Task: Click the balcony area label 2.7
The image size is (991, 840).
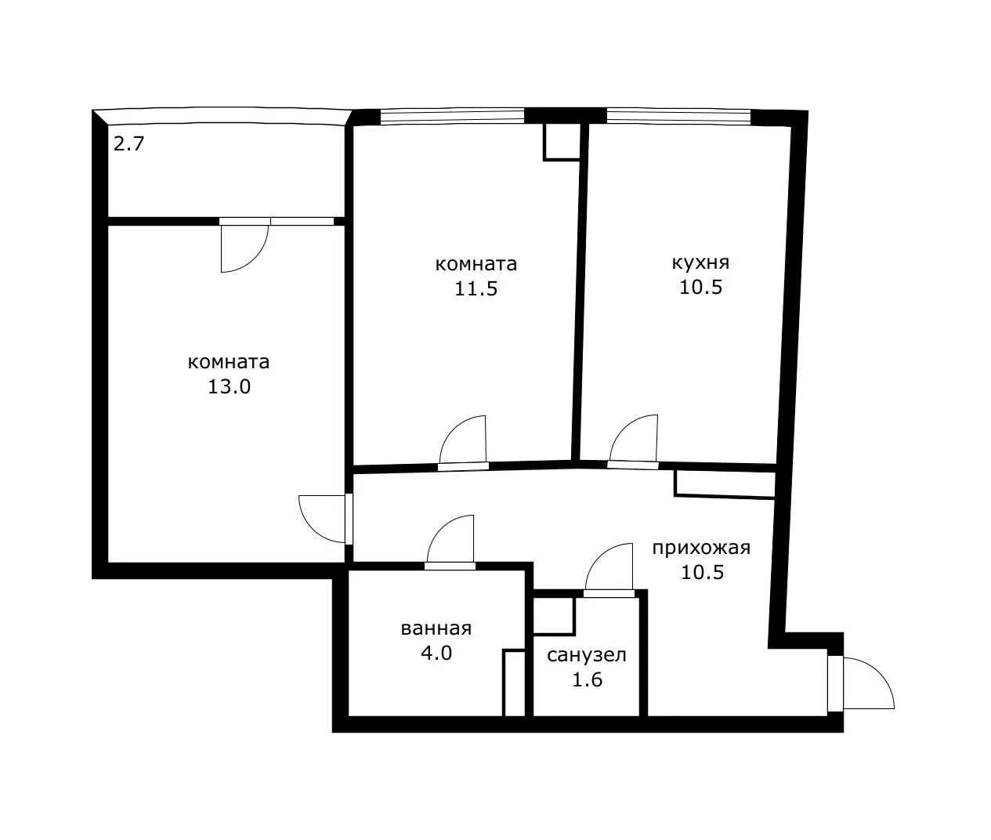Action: pos(128,144)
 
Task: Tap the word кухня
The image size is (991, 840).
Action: pos(700,262)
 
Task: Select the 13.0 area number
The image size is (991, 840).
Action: pos(229,387)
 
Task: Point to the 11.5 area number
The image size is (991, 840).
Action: pos(476,289)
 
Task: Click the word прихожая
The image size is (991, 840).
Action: pos(701,548)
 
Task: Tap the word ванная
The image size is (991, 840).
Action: pos(436,628)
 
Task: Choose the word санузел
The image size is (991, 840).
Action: pos(587,655)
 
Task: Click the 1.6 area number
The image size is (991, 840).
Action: pos(588,680)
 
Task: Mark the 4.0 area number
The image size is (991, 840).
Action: pos(436,654)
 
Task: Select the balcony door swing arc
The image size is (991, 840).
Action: pos(254,259)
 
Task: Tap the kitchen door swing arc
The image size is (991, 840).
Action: pos(624,429)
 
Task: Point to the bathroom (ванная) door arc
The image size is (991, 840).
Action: pos(440,529)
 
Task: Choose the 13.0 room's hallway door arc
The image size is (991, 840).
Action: pos(312,529)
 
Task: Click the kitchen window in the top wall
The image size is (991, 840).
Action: pos(678,117)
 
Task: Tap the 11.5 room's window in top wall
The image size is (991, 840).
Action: pos(452,117)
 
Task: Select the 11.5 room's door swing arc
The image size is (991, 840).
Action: pos(453,430)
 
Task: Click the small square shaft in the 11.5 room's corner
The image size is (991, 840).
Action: pos(562,142)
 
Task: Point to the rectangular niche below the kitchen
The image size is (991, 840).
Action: pos(725,484)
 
